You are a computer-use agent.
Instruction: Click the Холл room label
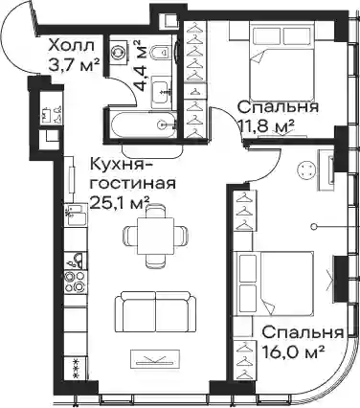coord(72,46)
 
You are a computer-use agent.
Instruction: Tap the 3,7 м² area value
coord(74,64)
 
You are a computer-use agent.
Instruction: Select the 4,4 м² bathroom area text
coord(143,66)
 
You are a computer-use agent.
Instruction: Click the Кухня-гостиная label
coord(133,174)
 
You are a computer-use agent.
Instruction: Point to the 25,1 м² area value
coord(120,202)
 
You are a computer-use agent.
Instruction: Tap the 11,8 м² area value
coord(265,125)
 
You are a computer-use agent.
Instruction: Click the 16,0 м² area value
coord(293,352)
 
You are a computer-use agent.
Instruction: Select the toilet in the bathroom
coord(160,52)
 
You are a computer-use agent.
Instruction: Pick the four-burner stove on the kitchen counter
coord(76,282)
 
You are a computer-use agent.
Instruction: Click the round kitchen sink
coord(77,260)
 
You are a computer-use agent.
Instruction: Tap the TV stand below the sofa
coord(155,359)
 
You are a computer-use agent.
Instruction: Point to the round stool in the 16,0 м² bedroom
coord(307,170)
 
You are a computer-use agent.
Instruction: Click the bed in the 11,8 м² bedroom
coord(281,61)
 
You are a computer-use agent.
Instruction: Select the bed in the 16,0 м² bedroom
coord(275,283)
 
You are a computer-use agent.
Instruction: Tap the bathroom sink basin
coord(160,93)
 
